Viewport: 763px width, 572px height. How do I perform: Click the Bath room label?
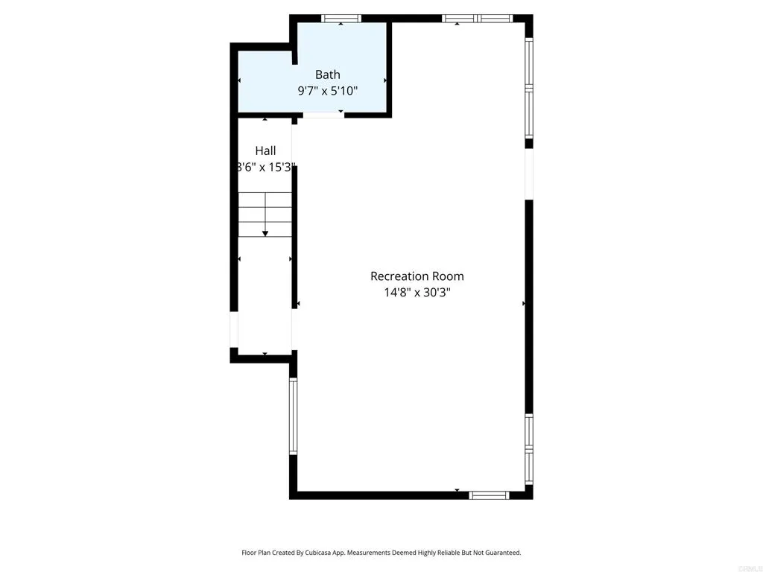coord(327,74)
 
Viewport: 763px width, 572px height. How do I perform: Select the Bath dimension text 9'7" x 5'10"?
coord(327,91)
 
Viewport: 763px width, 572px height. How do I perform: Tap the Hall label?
coord(265,150)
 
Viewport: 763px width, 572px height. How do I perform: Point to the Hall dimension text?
coord(266,168)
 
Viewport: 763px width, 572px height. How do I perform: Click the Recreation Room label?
coord(417,276)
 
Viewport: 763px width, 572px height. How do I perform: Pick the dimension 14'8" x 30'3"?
coord(417,293)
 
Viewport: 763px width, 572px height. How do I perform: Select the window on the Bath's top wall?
coord(341,18)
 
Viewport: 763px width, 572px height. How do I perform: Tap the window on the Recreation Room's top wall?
coord(477,18)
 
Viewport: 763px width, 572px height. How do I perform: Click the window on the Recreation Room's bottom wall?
coord(489,495)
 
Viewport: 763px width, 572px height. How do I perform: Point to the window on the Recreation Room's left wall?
coord(293,416)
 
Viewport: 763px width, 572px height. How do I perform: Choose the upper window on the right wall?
coord(529,89)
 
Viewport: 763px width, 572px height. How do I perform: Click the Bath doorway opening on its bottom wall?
coord(323,115)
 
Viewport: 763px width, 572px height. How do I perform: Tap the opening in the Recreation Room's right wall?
coord(529,174)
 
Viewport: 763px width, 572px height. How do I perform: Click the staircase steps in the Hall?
coord(265,214)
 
